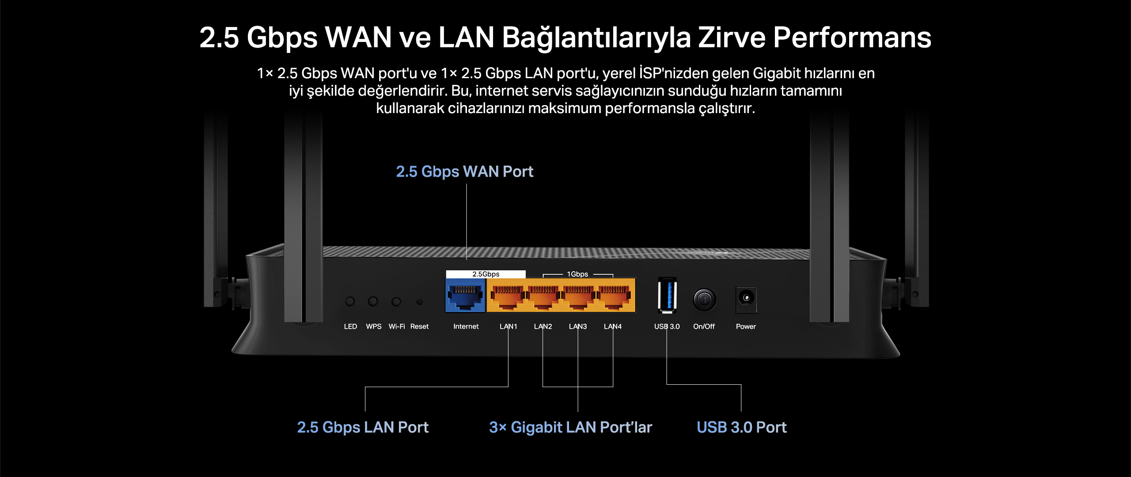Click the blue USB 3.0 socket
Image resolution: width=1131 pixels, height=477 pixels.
click(667, 295)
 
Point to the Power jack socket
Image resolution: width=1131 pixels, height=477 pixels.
click(746, 299)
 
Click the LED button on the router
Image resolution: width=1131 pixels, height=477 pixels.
click(350, 301)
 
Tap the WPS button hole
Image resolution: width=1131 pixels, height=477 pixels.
click(373, 301)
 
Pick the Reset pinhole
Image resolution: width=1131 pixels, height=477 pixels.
click(419, 302)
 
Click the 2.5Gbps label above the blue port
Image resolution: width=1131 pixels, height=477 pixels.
click(486, 274)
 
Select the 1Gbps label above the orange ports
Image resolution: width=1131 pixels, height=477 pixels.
click(577, 274)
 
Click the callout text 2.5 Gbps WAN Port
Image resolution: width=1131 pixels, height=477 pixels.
click(464, 171)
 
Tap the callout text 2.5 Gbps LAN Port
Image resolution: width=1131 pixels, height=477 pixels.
click(363, 427)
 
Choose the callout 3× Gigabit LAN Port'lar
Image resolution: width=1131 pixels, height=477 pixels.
click(570, 427)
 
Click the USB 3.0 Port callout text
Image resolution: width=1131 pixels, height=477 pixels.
click(742, 427)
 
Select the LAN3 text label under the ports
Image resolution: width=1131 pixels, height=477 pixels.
click(578, 326)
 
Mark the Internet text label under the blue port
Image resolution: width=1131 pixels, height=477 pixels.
click(466, 326)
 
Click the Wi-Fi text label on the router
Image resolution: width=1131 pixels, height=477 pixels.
click(397, 326)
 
